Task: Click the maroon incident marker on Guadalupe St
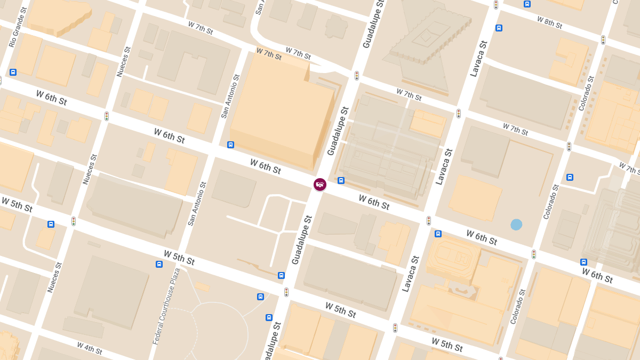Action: [x=320, y=185]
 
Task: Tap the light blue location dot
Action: [x=516, y=225]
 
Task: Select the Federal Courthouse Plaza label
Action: [x=166, y=306]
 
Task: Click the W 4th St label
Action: [x=89, y=348]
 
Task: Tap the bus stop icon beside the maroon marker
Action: [x=341, y=180]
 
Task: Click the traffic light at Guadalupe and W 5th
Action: [x=286, y=292]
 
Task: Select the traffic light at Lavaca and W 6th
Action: [x=428, y=220]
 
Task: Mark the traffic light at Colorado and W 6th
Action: [x=533, y=254]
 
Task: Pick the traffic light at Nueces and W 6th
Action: [x=107, y=116]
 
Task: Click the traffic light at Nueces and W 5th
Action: [x=74, y=221]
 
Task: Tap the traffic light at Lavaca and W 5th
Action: [x=395, y=327]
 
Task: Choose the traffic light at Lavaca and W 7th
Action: [x=458, y=114]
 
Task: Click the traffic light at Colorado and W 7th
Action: [x=569, y=146]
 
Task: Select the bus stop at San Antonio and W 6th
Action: [x=230, y=145]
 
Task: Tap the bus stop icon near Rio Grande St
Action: [x=13, y=72]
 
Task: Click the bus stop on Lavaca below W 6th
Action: [x=438, y=234]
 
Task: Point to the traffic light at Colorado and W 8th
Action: [x=603, y=39]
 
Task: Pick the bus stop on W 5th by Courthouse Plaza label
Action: [x=159, y=264]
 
